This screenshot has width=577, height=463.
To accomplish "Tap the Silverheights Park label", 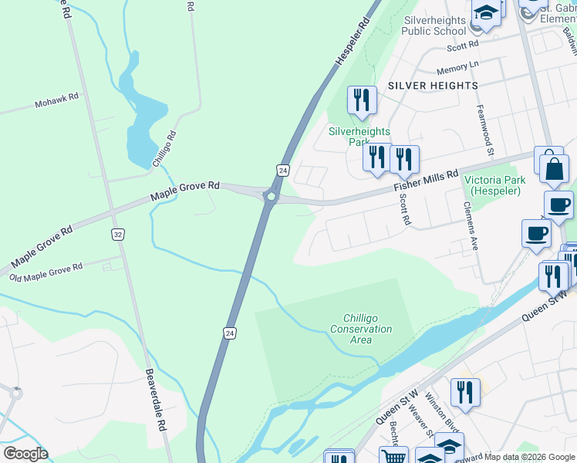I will coord(359,137).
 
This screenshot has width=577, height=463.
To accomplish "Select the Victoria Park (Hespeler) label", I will coord(494,185).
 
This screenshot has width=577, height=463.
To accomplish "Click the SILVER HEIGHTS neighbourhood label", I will coord(433,86).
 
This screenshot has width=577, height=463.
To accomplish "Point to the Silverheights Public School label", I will coord(434,25).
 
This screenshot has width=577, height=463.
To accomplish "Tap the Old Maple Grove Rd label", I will coord(46,272).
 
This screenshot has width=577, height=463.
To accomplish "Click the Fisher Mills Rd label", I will coord(426,181).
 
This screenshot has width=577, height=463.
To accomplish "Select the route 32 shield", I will coord(117,234).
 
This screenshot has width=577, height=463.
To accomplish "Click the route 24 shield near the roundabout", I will coord(283,170).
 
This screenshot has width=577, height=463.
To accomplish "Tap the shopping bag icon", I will coord(554,168).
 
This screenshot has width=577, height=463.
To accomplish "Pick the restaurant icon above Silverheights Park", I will coord(360,100).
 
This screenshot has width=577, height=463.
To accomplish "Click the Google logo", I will coord(25,454).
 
